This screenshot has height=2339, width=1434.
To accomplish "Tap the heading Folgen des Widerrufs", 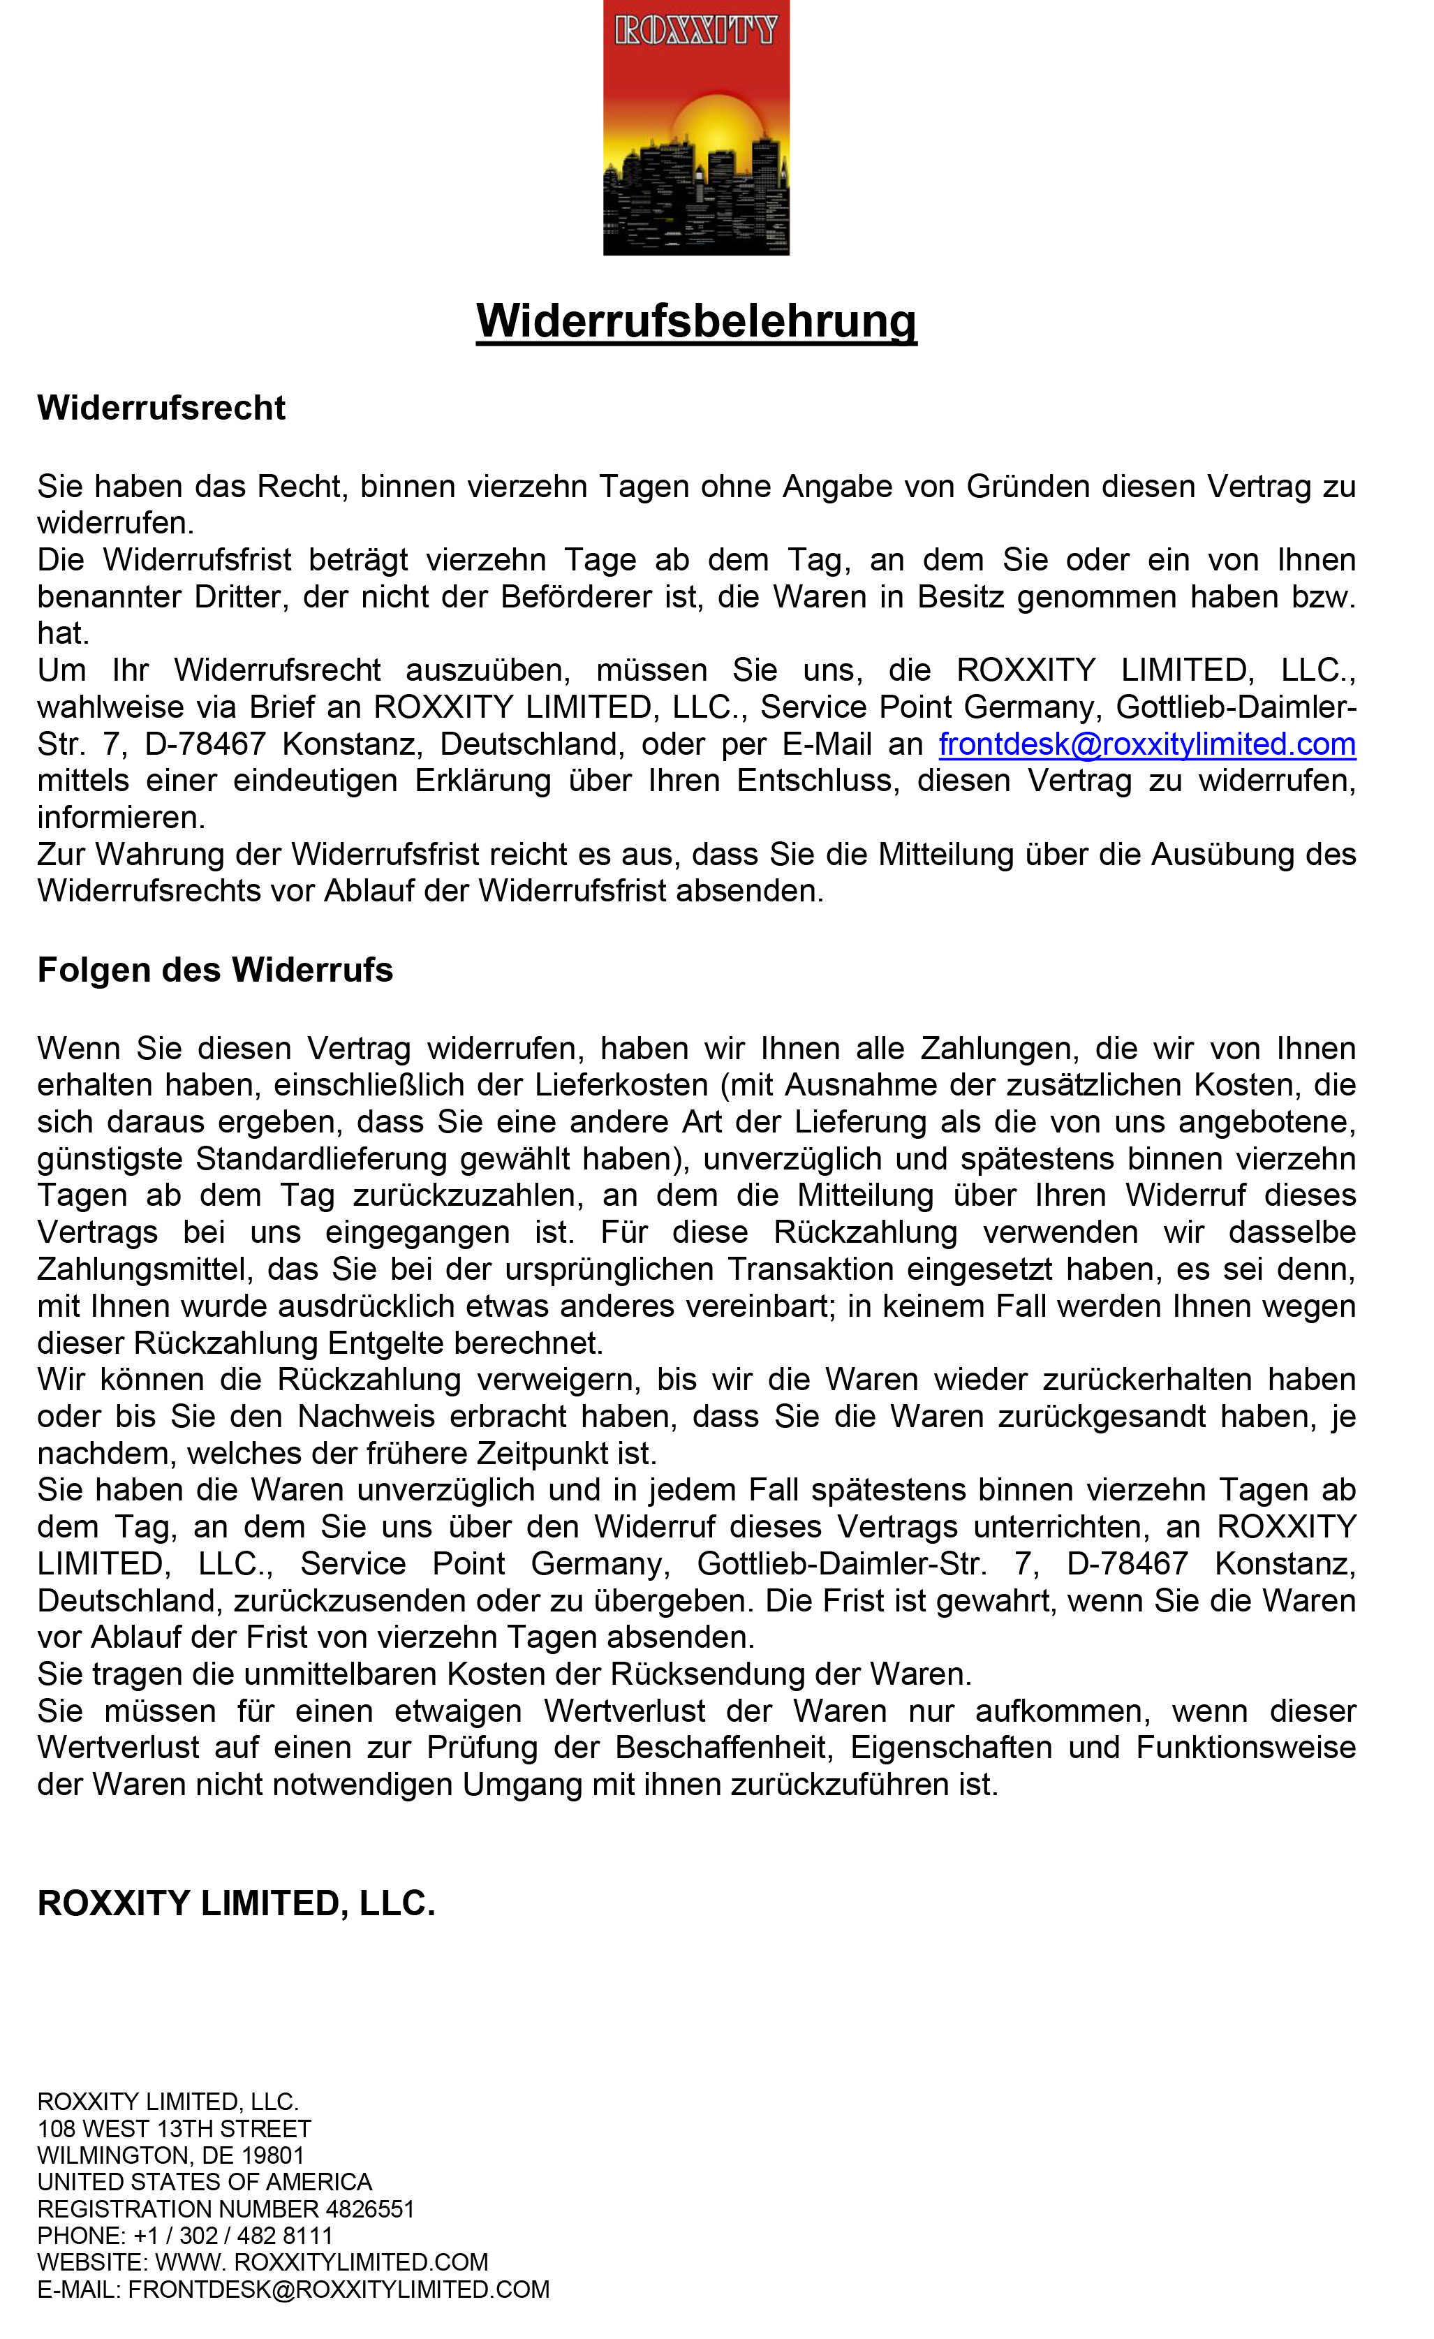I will pyautogui.click(x=214, y=970).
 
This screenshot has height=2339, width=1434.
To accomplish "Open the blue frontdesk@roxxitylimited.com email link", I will pyautogui.click(x=1146, y=744).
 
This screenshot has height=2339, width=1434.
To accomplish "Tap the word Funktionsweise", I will pyautogui.click(x=1245, y=1748).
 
